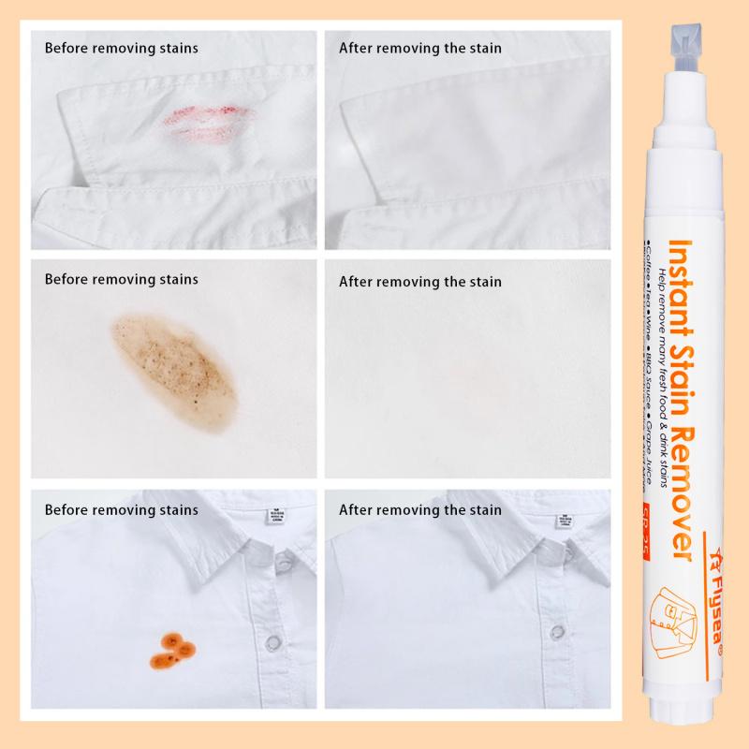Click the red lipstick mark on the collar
pos(208,120)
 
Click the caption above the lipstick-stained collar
pos(122,47)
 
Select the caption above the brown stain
pos(122,279)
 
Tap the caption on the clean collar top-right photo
pos(420,47)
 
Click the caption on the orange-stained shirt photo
pos(122,510)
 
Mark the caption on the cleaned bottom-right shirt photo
pos(420,510)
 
